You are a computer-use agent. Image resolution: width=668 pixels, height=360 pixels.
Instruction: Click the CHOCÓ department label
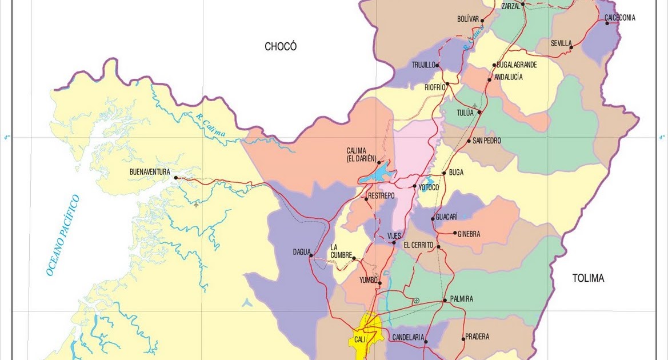(281, 47)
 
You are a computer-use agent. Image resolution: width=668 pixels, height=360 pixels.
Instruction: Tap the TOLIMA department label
(588, 278)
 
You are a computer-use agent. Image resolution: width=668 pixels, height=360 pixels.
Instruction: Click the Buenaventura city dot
(176, 178)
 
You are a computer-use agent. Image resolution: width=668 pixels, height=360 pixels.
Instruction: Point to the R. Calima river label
(210, 126)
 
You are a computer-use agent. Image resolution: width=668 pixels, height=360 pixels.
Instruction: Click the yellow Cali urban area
(365, 337)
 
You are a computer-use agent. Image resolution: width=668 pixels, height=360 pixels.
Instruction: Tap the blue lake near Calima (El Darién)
(375, 173)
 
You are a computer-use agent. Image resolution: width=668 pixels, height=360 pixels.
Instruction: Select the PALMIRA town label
(462, 299)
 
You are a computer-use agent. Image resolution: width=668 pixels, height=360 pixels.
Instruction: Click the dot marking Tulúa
(479, 112)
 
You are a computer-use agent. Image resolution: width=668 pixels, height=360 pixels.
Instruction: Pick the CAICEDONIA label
(620, 18)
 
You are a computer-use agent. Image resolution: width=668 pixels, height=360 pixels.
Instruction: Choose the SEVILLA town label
(561, 43)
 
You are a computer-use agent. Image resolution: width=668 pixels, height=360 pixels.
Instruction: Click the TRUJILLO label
(423, 65)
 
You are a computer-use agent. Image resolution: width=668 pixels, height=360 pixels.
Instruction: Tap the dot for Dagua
(311, 255)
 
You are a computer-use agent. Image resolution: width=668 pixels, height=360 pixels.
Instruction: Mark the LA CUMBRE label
(341, 251)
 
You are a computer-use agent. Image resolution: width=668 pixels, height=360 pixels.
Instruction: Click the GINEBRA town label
(469, 234)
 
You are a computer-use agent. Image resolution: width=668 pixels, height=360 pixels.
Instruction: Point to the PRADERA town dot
(463, 339)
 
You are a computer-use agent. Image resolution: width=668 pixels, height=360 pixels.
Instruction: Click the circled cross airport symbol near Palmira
(416, 300)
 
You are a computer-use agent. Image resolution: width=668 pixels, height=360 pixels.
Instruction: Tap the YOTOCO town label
(429, 187)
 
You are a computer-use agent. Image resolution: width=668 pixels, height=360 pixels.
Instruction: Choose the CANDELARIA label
(408, 338)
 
